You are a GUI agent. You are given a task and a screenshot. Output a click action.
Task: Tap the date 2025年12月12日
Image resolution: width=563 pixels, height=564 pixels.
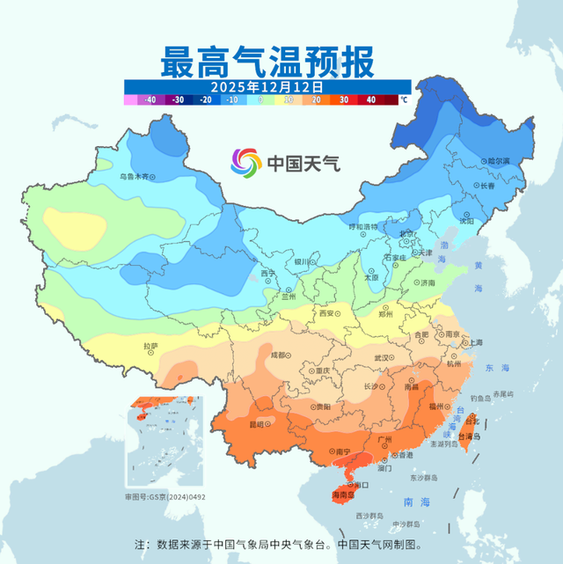267,88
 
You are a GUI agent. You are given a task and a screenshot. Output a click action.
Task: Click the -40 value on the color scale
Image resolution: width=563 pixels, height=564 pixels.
150,100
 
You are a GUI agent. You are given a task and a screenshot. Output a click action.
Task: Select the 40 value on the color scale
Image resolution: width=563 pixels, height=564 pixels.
370,100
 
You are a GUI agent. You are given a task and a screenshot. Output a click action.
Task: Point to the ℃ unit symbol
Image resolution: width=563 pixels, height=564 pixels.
404,100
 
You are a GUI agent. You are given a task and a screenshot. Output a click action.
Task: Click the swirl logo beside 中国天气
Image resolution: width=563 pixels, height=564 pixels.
246,163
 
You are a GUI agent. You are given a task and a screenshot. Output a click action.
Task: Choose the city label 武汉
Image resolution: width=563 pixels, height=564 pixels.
381,357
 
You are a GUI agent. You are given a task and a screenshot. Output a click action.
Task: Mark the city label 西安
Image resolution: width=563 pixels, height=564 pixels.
327,313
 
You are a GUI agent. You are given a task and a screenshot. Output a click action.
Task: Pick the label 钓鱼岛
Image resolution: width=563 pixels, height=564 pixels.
484,399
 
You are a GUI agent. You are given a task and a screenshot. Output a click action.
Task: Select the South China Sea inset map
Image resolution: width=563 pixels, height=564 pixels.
164,443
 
